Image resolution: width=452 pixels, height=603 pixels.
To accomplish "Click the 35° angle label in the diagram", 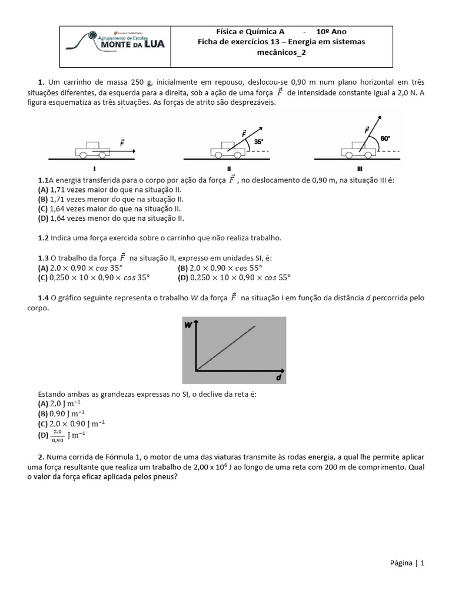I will (x=259, y=142).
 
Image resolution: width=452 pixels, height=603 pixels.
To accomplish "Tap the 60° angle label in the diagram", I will (x=386, y=138).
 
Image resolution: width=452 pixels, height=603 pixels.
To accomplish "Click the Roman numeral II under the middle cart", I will (x=228, y=168).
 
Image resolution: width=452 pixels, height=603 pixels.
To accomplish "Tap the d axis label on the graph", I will (x=278, y=377).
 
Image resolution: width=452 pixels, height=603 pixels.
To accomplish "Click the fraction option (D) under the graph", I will (x=61, y=435).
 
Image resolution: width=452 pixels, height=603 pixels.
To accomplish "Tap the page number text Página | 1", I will (x=407, y=563).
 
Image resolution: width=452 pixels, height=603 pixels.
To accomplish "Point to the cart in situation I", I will (x=92, y=150).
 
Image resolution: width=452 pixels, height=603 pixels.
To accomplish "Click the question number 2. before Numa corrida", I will (x=42, y=457).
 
